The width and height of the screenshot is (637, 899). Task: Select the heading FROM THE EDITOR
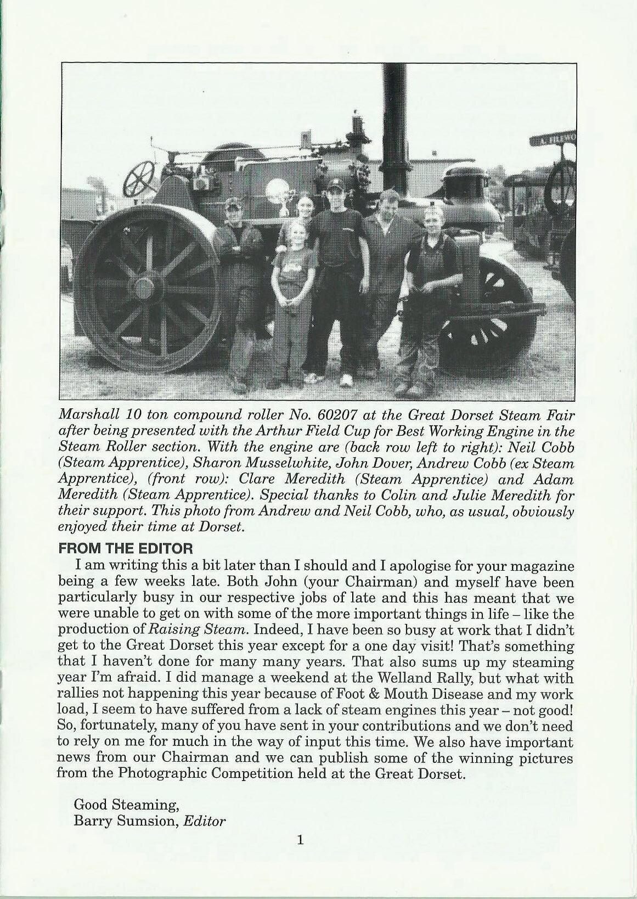[126, 548]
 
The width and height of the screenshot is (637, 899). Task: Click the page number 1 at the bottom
[300, 855]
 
